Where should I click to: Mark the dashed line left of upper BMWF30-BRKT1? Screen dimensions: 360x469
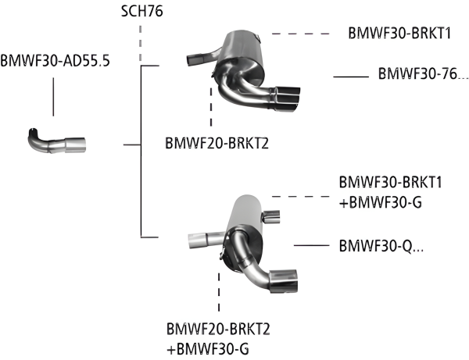click(x=300, y=34)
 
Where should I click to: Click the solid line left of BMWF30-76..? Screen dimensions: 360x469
click(x=351, y=76)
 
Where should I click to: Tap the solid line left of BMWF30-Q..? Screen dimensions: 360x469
click(x=311, y=245)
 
